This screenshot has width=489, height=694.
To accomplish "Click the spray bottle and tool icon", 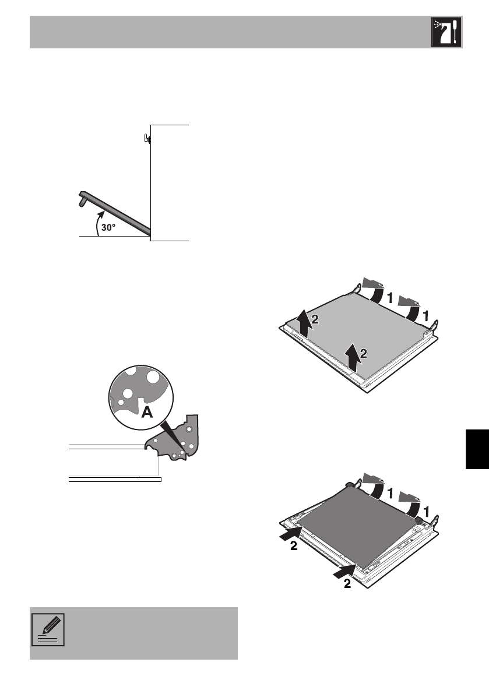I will (446, 32).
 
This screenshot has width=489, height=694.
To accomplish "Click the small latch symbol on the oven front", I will (147, 139).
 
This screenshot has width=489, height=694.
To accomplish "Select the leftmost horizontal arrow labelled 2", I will (290, 531).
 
